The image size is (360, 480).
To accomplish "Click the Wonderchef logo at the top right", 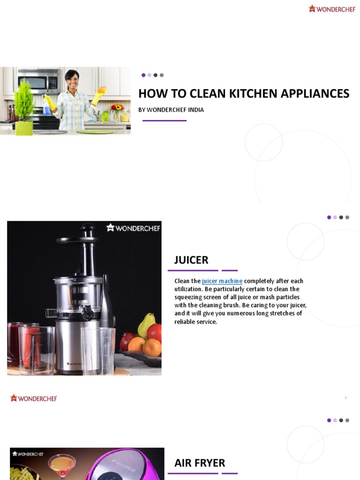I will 332,8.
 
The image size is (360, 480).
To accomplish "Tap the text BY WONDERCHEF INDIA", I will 171,110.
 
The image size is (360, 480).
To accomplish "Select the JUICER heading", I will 191,260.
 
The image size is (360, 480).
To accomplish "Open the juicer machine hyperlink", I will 222,281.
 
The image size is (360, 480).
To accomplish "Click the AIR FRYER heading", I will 200,463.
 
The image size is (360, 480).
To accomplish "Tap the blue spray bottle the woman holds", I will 47,105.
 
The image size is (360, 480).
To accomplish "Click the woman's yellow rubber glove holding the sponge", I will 99,94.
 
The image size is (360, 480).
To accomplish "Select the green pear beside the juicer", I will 147,324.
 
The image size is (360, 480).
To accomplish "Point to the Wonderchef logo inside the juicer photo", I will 133,228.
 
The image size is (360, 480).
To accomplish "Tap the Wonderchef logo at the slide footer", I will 34,398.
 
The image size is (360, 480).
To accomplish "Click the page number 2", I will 345,398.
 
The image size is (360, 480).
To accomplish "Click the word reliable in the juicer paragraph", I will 186,322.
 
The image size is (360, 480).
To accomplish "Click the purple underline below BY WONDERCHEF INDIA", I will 164,120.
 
